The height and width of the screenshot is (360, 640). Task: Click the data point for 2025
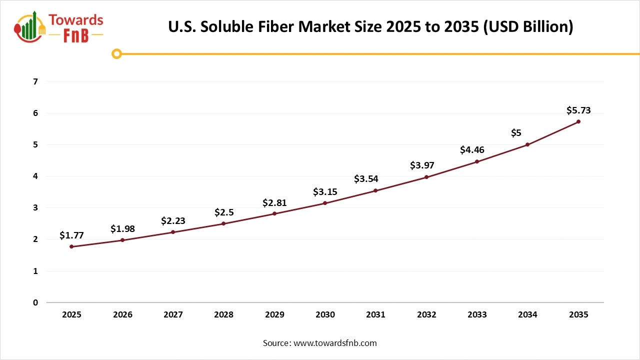click(71, 246)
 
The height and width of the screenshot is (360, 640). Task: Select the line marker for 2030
click(325, 203)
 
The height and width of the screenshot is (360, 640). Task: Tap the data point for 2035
click(578, 121)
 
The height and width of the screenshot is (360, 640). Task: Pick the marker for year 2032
click(426, 177)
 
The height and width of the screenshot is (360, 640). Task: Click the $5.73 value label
click(578, 110)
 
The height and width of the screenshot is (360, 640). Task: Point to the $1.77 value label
click(71, 235)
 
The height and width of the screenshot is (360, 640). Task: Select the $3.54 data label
click(366, 178)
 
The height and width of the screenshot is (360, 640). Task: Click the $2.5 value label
click(223, 212)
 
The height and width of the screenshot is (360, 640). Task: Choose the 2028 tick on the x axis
click(223, 314)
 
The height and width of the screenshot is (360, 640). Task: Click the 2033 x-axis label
click(477, 314)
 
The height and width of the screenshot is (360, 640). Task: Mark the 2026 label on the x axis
click(122, 314)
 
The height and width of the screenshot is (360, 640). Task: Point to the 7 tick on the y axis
click(35, 81)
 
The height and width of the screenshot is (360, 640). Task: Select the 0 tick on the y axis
click(35, 302)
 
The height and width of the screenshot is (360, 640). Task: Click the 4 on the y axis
click(35, 176)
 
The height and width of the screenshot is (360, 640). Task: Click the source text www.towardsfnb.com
click(335, 343)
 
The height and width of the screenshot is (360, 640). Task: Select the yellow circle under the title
click(116, 53)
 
